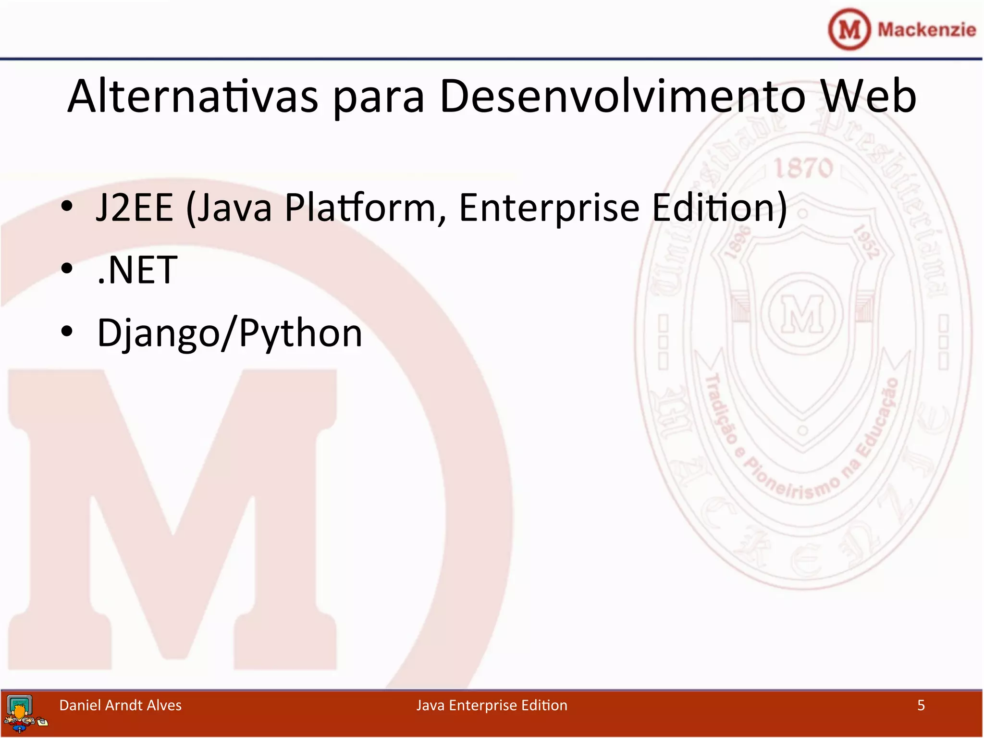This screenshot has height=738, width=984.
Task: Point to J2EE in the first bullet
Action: (x=134, y=208)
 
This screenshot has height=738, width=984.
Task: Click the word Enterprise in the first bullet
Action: (x=549, y=208)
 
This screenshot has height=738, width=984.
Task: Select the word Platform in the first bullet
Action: (x=360, y=208)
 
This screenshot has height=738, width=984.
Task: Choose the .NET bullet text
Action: (x=137, y=270)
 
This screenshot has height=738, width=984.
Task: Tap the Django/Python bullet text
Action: (x=229, y=332)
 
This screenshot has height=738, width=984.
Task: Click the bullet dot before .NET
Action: (x=67, y=269)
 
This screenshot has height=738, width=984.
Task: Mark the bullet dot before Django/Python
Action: (x=67, y=332)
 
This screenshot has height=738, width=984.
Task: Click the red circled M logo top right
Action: (x=849, y=29)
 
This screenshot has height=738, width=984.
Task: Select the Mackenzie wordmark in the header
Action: (x=926, y=29)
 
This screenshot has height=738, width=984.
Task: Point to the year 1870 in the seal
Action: (x=803, y=168)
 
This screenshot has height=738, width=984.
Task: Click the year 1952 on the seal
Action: (x=866, y=243)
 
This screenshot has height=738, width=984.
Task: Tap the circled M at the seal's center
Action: (x=802, y=313)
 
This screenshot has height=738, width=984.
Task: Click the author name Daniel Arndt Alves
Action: (x=120, y=705)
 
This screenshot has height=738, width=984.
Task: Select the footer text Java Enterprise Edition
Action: (x=492, y=705)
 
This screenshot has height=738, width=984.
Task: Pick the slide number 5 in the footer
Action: (x=921, y=705)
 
